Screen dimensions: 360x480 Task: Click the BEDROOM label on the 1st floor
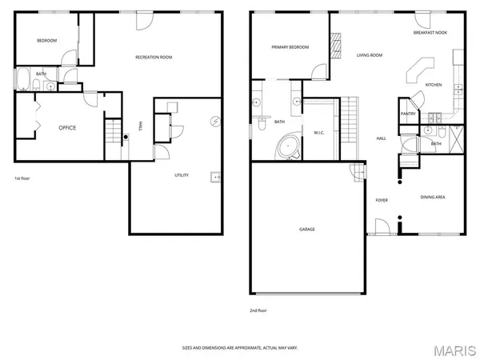[47, 41]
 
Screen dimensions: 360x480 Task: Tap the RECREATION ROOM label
[154, 57]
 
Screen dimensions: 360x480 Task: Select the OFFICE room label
[67, 127]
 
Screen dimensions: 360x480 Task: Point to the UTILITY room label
[182, 175]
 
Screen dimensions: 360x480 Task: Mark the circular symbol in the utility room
[214, 122]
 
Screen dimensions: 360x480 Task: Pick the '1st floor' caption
[22, 178]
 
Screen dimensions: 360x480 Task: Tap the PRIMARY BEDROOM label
[290, 47]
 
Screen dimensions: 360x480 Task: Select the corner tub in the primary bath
[286, 146]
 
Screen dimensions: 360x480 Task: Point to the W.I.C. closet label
[318, 132]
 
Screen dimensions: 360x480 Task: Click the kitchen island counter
[418, 70]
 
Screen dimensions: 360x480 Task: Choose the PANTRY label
[408, 114]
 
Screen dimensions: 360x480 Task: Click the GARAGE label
[307, 230]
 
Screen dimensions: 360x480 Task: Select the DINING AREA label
[433, 196]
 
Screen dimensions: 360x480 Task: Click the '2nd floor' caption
[258, 310]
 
